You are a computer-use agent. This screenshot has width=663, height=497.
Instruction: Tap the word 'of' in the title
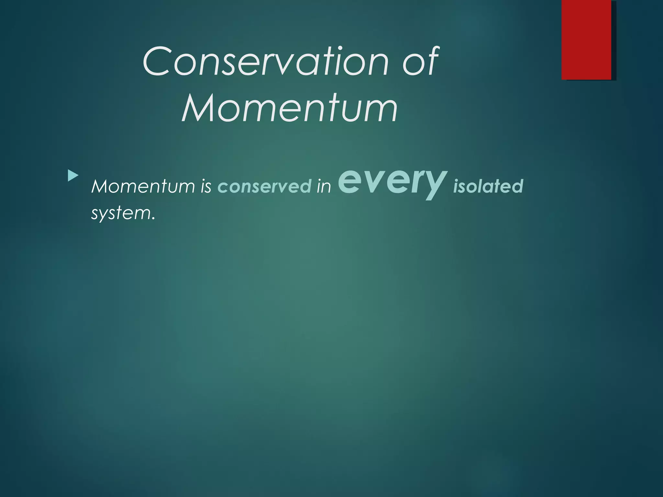[x=420, y=61]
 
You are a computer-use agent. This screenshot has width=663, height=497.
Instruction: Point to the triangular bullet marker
[x=73, y=176]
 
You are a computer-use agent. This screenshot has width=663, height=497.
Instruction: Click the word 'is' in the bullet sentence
[x=206, y=186]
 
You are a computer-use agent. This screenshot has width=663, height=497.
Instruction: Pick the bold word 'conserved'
[x=264, y=186]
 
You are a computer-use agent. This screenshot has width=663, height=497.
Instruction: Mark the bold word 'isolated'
[x=488, y=186]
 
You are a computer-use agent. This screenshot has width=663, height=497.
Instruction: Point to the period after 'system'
[x=153, y=219]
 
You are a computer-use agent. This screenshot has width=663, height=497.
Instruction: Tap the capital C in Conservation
[x=157, y=61]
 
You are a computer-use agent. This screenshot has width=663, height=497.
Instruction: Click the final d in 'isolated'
[x=518, y=186]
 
